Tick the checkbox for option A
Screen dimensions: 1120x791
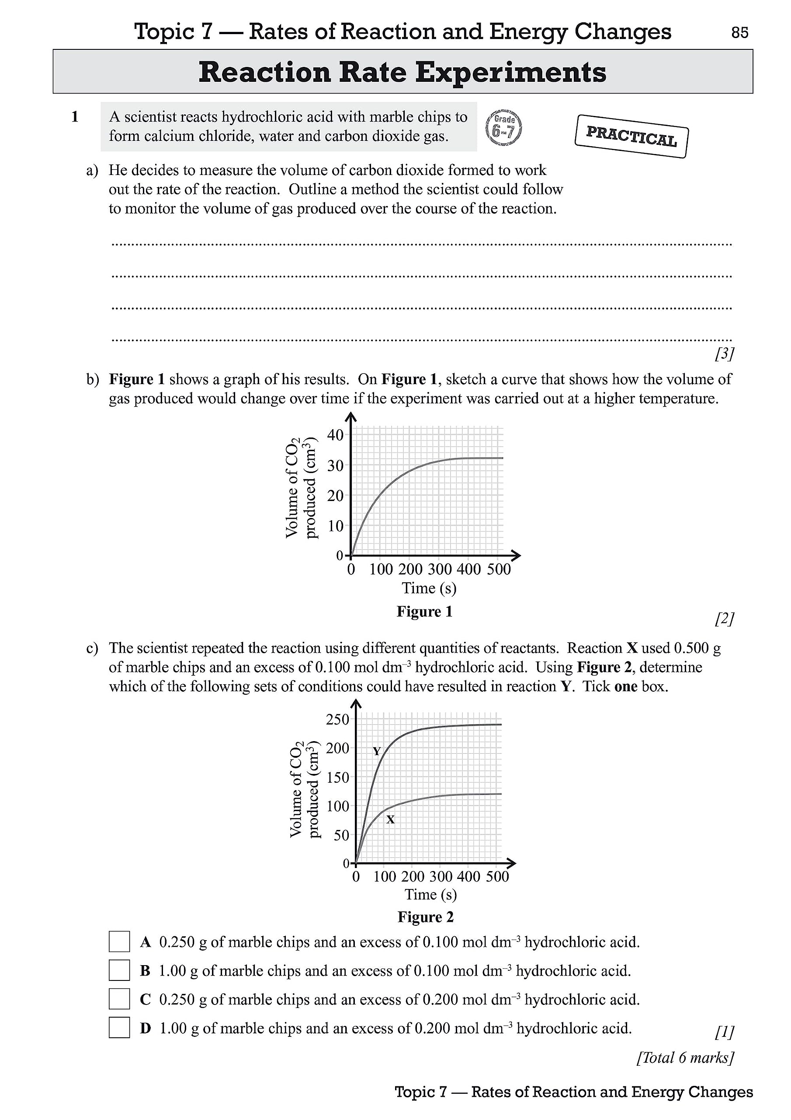pos(119,941)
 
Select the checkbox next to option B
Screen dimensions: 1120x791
pos(119,970)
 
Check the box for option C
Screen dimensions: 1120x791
pos(119,999)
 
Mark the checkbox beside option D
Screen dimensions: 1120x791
pos(119,1028)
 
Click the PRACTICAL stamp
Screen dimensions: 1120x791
pos(631,136)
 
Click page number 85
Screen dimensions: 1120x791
pos(739,33)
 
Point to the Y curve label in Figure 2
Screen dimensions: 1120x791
pos(377,752)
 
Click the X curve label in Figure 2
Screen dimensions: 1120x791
pos(390,819)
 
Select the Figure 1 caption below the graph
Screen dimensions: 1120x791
pos(424,612)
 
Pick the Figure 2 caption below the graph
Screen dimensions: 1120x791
pos(426,917)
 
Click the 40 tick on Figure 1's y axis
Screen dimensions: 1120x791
pos(335,434)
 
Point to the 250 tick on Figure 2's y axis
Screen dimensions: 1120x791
pos(338,720)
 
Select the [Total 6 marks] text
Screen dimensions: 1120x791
pos(685,1057)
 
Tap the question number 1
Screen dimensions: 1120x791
pos(75,117)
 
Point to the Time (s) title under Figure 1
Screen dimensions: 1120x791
pos(429,588)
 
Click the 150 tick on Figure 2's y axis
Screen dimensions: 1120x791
pos(338,777)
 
